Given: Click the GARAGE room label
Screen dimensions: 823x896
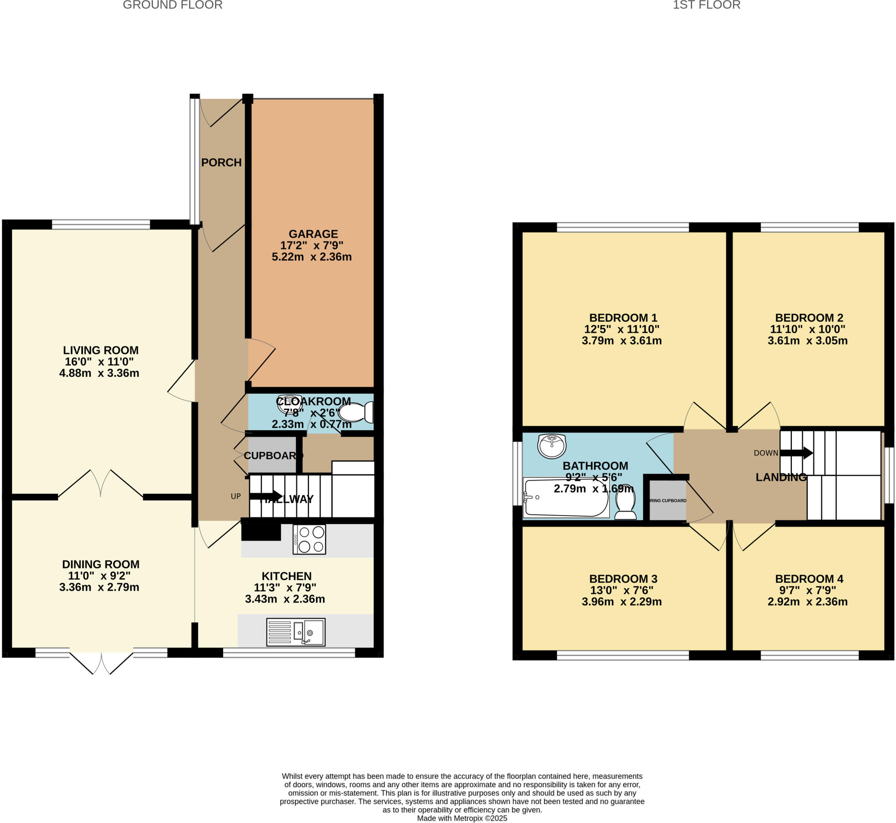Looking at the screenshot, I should tap(313, 234).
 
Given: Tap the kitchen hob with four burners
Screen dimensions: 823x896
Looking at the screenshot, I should tap(309, 539).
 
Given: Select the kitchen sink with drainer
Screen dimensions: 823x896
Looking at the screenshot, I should tap(296, 631).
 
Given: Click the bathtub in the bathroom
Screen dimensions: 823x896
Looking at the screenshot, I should tap(566, 497).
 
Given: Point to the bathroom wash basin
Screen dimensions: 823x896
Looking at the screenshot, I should tap(552, 446).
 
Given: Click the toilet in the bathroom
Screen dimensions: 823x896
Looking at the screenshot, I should tap(626, 502).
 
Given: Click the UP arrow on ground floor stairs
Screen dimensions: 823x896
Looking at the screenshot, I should tap(266, 496).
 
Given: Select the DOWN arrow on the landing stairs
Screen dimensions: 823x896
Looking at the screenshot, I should tap(796, 453).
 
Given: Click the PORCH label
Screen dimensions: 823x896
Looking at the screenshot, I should tap(221, 163).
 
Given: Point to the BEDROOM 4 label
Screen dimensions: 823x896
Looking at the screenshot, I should tap(809, 579).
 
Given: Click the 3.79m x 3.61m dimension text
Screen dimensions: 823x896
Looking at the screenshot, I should tap(622, 341).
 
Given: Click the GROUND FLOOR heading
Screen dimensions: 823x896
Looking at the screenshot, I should tap(173, 5).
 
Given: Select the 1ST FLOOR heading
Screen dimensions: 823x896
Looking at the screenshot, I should tap(706, 5).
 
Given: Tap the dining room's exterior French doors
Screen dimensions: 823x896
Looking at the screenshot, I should tap(101, 662).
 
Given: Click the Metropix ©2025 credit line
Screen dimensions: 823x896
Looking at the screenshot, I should tap(462, 818).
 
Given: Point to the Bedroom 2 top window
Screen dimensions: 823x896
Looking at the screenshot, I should tap(809, 228).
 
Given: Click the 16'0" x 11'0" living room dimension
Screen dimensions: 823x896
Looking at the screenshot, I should tap(99, 361).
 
